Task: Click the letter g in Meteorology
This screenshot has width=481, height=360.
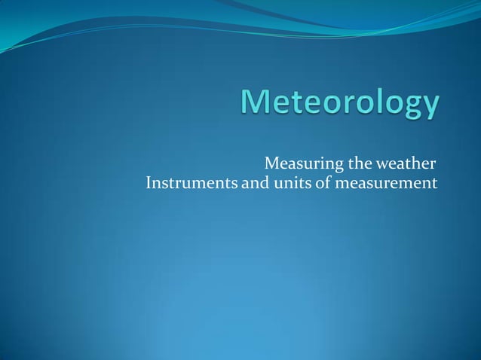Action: click(410, 110)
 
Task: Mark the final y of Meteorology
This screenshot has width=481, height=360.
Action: click(430, 110)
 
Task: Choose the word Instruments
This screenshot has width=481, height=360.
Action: click(191, 183)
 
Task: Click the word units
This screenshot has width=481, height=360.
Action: click(292, 183)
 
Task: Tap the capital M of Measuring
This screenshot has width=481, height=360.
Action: click(271, 163)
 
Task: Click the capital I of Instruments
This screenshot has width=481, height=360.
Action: click(148, 183)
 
